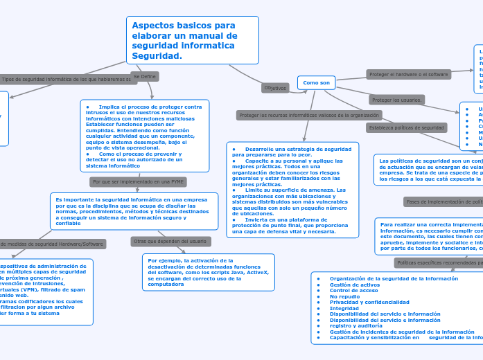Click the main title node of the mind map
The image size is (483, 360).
(193, 40)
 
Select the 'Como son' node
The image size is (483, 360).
(316, 83)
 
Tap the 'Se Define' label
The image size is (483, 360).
(145, 76)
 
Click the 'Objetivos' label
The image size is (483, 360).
(275, 88)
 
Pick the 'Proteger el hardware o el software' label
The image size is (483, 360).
(408, 73)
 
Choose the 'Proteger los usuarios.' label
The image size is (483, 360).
(396, 100)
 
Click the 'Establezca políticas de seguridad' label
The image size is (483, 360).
(406, 127)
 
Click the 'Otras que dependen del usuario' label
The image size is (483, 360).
(169, 241)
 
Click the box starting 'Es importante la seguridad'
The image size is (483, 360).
(134, 211)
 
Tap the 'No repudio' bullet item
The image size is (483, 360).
(344, 296)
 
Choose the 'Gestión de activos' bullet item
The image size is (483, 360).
(355, 285)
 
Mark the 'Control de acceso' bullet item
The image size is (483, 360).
(354, 290)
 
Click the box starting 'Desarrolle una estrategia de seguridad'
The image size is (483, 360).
(292, 190)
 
